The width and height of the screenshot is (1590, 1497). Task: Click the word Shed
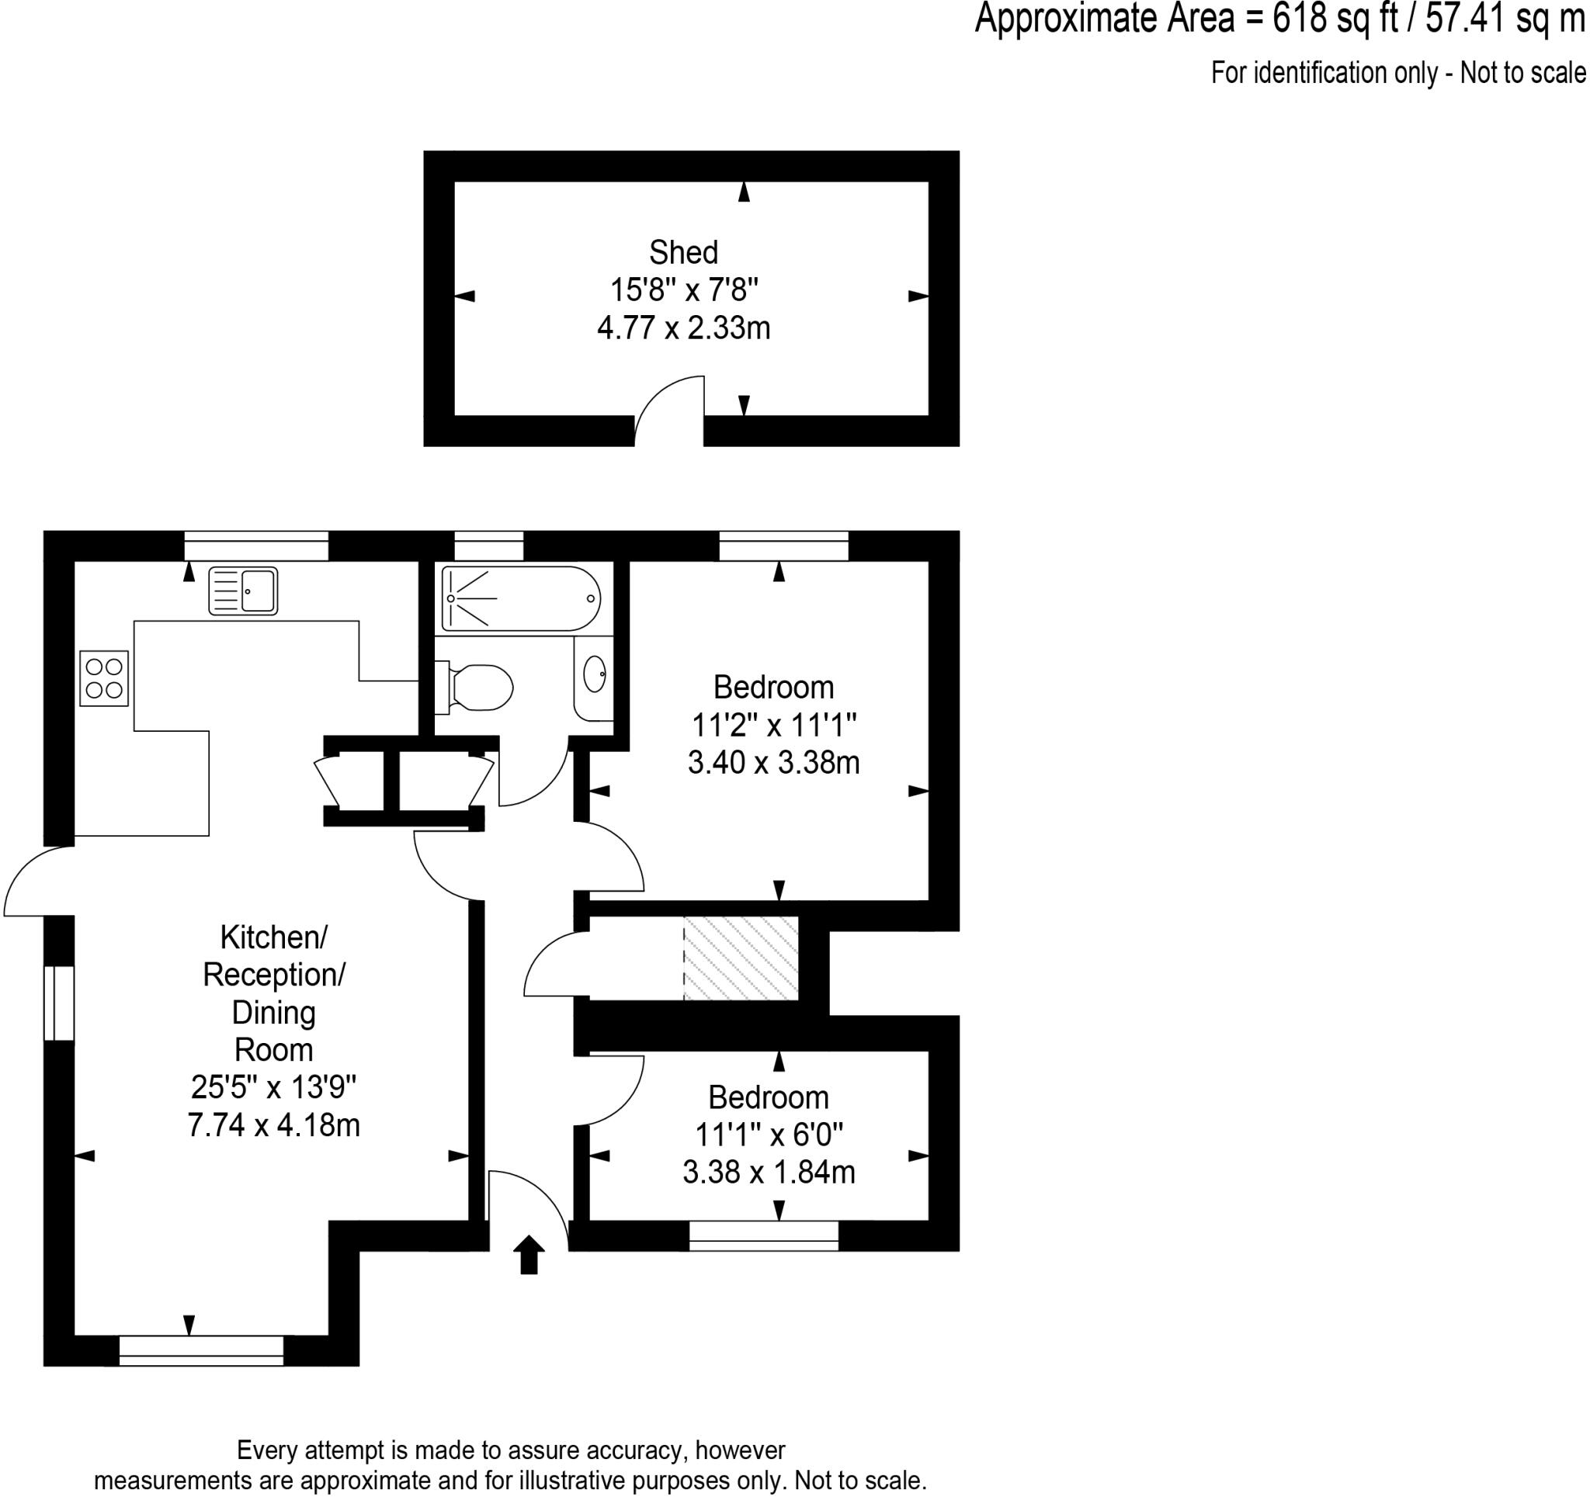coord(683,253)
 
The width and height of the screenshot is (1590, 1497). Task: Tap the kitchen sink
coord(243,591)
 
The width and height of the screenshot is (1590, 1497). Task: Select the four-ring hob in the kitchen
coord(104,678)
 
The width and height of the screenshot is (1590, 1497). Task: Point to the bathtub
coord(521,598)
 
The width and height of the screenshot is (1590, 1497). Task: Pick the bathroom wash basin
coord(594,674)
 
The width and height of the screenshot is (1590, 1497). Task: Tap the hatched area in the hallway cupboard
coord(741,958)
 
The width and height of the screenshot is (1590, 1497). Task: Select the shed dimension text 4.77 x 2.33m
coord(683,327)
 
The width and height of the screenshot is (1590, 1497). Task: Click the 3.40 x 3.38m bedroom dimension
coord(773,762)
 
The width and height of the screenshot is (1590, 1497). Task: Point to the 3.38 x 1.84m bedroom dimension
coord(769,1173)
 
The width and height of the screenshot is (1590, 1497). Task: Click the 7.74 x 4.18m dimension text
coord(273,1125)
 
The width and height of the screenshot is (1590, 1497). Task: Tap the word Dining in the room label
coord(273,1013)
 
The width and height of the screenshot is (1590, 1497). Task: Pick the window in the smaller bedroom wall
coord(764,1235)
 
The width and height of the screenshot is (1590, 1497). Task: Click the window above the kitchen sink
coord(256,546)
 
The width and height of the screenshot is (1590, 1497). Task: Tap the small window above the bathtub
coord(488,546)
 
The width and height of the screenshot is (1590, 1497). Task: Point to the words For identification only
coord(1323,73)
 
